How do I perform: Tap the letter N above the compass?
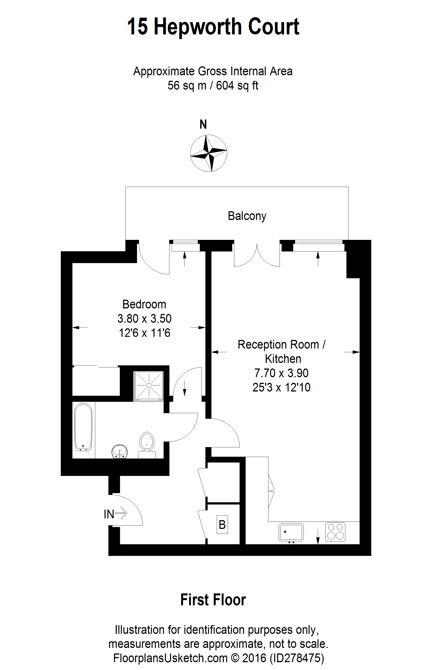[203, 124]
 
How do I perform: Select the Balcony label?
[247, 216]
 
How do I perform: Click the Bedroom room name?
[144, 304]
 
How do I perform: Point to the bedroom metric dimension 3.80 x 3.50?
[144, 318]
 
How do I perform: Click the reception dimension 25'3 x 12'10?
[281, 387]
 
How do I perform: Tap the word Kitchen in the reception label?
[283, 359]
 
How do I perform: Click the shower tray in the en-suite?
[149, 385]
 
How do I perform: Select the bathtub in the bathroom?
[83, 427]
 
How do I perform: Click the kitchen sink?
[291, 532]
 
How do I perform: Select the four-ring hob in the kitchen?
[335, 532]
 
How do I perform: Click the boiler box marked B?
[222, 524]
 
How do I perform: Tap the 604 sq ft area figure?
[237, 86]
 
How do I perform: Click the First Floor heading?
[213, 600]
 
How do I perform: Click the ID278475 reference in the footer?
[297, 658]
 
